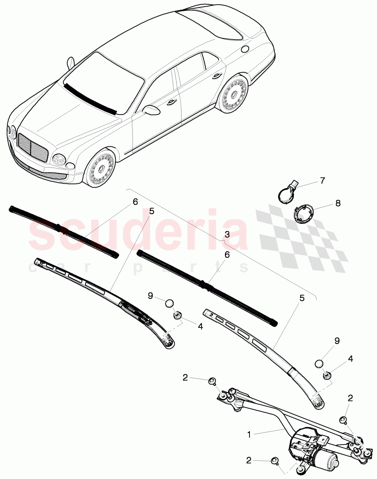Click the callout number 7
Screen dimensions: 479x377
(322, 181)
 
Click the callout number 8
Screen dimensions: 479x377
(338, 203)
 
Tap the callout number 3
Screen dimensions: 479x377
(227, 234)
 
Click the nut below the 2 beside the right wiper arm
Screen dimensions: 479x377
(343, 420)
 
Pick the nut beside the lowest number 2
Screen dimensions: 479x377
(275, 460)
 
